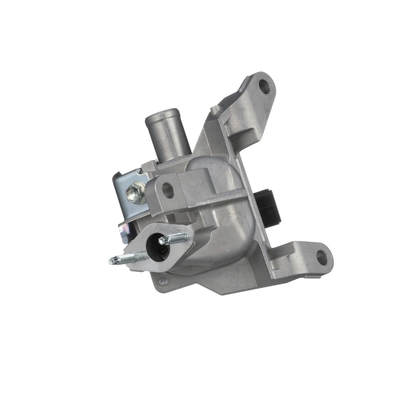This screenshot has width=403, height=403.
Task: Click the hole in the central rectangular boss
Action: (167, 187)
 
